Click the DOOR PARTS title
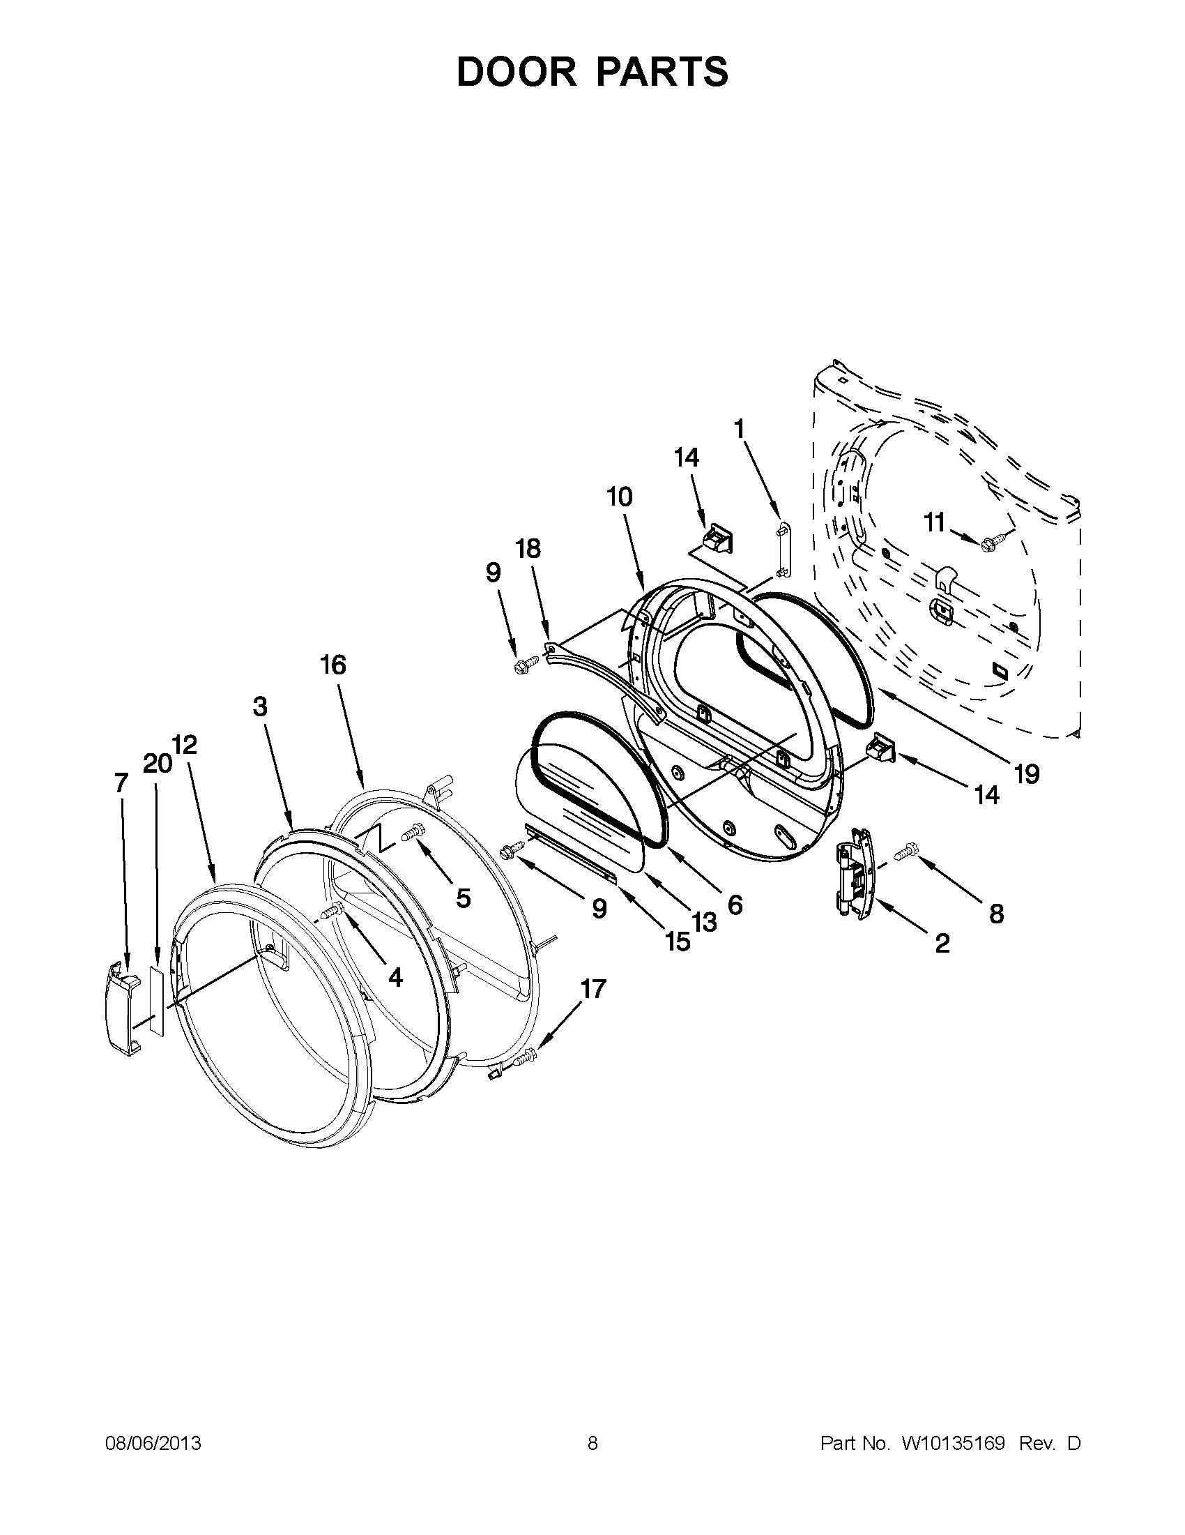tap(592, 72)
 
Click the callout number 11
tap(933, 523)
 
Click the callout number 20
tap(157, 763)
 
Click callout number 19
tap(1026, 774)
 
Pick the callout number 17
tap(593, 989)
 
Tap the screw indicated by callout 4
tap(330, 912)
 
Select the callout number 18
tap(528, 548)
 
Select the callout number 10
tap(619, 497)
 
